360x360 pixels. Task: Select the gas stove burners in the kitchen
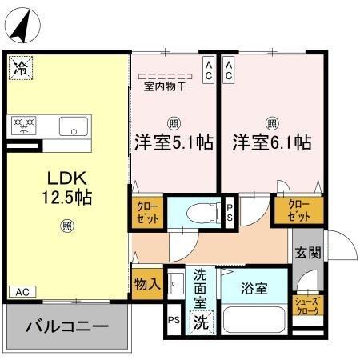25,124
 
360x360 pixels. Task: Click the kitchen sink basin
74,126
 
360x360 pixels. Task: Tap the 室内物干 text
165,86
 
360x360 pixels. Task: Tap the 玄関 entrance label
308,255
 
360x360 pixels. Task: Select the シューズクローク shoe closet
308,306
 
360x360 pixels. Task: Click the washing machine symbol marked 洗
200,324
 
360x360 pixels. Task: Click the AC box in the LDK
22,290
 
